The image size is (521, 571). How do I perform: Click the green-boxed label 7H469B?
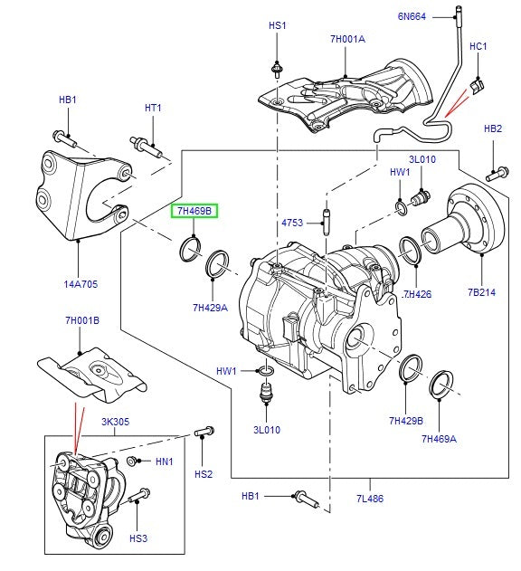pos(194,212)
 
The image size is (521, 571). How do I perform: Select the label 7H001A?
pos(347,39)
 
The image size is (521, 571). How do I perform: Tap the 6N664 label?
pos(412,15)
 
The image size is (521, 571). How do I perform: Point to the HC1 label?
pos(478,46)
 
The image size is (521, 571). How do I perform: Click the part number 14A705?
pos(81,284)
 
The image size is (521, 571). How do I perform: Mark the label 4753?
pos(293,221)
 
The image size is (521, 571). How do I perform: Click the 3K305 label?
pos(117,421)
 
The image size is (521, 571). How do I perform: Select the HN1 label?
pos(164,462)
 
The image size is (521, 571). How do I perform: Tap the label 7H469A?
pos(439,439)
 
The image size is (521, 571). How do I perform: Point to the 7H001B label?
pos(81,321)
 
